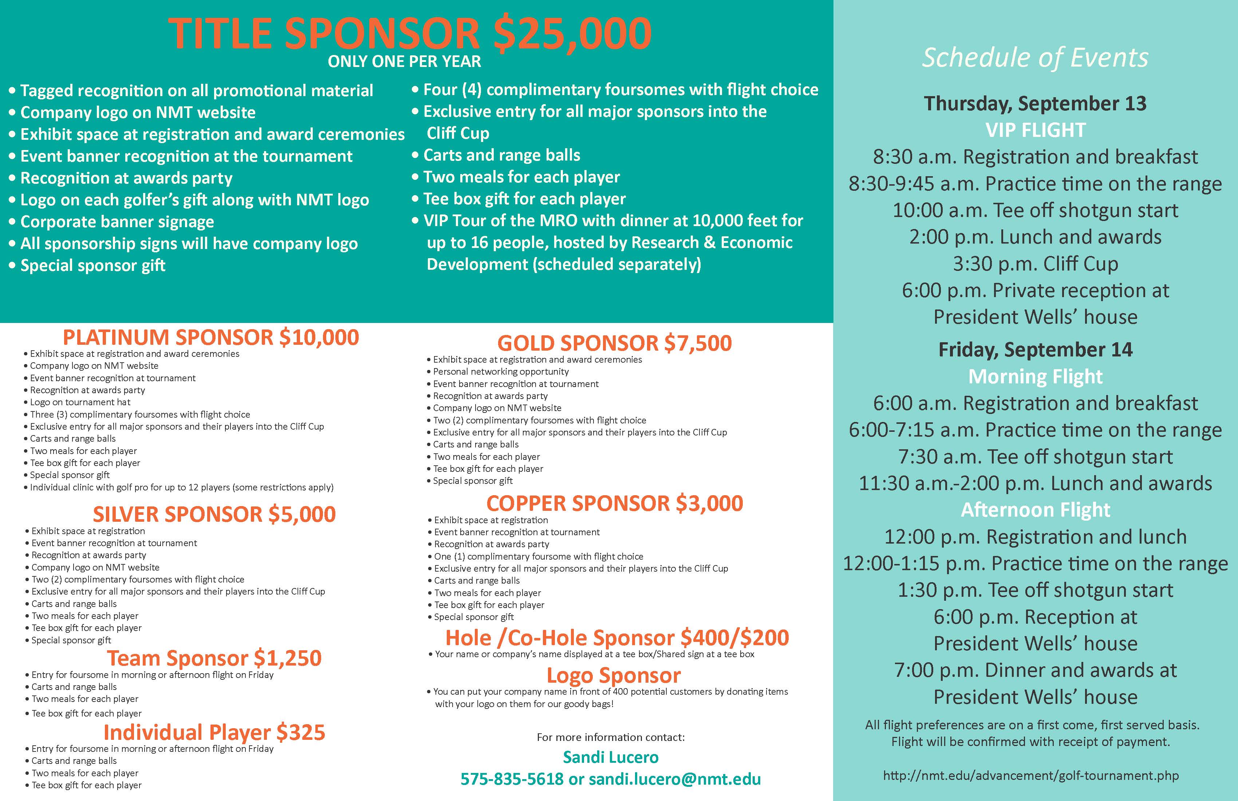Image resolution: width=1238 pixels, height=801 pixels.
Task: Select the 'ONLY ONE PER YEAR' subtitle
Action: click(x=404, y=62)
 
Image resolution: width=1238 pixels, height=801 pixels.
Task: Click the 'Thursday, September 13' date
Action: click(x=1035, y=103)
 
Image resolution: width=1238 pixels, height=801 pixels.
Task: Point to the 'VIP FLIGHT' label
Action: click(x=1035, y=130)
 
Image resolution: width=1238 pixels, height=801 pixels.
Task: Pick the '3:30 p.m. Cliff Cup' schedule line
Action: click(x=1035, y=264)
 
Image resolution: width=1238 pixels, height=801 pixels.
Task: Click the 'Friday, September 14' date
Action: click(x=1035, y=350)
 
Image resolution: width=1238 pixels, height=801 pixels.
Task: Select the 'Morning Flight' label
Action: click(x=1035, y=376)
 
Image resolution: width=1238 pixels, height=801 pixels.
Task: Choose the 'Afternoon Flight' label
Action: click(x=1035, y=510)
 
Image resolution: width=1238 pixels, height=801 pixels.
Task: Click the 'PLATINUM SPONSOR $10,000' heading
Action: click(x=211, y=337)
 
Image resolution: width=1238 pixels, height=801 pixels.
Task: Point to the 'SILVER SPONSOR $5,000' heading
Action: click(x=214, y=514)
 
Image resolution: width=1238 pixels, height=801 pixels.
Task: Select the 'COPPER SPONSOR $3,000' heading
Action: click(x=614, y=503)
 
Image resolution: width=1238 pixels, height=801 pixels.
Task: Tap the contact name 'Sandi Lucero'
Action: click(x=611, y=757)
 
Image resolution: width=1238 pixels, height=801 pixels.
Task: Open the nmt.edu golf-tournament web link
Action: click(x=1030, y=776)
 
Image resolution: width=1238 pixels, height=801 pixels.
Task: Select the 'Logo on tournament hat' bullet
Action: click(x=80, y=402)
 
